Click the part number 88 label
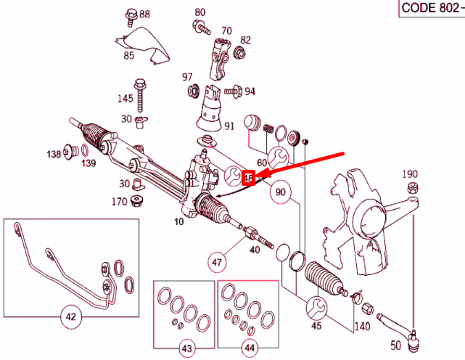(145, 14)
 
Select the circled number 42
(70, 316)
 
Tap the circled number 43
(186, 349)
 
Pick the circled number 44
(250, 349)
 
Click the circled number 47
(218, 259)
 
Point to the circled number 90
(281, 193)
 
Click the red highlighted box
(248, 176)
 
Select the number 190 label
(411, 174)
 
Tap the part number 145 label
(125, 98)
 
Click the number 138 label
(54, 154)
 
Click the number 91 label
(229, 125)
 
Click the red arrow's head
(260, 174)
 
